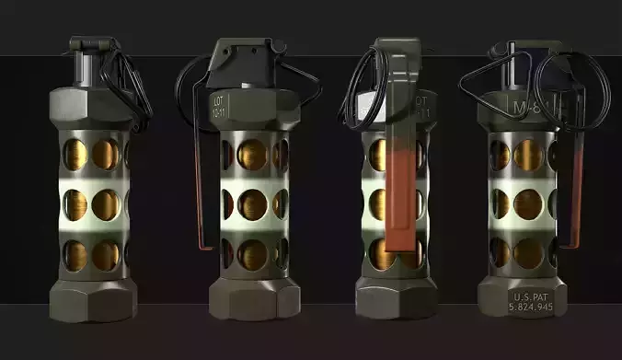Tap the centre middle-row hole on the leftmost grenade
coord(104,203)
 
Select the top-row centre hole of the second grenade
coord(252,155)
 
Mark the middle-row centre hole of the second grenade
coord(252,203)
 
